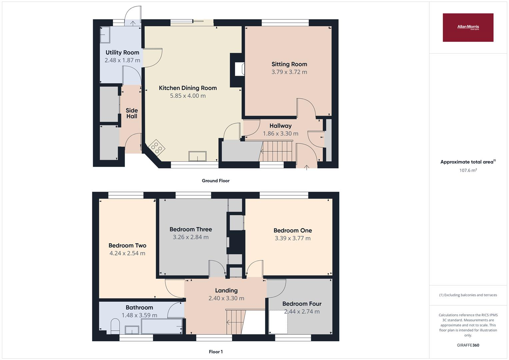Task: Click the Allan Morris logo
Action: click(x=468, y=27)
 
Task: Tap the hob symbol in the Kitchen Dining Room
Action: click(x=157, y=147)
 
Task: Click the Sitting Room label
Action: click(x=289, y=64)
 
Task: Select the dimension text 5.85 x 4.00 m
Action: click(x=188, y=96)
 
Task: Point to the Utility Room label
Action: click(x=122, y=52)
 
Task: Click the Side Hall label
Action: click(x=132, y=113)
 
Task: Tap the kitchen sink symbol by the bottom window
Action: click(x=197, y=156)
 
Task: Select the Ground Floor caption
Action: click(x=216, y=181)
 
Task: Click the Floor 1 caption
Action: click(x=216, y=352)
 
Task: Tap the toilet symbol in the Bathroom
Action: click(x=115, y=325)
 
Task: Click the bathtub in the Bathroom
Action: click(x=162, y=326)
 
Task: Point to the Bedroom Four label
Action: click(x=302, y=304)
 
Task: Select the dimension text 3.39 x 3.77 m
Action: click(x=292, y=238)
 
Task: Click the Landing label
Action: click(x=226, y=290)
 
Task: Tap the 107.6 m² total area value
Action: click(x=468, y=170)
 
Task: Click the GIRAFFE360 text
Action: click(x=468, y=345)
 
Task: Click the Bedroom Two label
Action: click(x=127, y=245)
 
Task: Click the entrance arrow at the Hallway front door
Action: click(x=306, y=166)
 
